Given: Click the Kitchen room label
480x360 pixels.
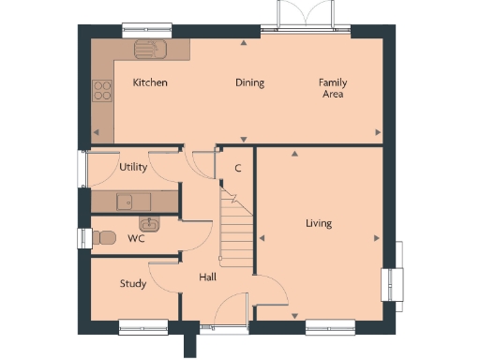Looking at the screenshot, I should [x=150, y=82].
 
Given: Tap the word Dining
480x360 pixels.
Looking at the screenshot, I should [x=249, y=82].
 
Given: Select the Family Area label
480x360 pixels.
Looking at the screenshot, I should [x=332, y=88].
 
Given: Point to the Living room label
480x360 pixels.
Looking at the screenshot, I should [x=319, y=223].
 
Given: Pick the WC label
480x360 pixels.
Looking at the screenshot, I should [x=135, y=238].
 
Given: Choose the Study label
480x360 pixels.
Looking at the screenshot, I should [x=132, y=283].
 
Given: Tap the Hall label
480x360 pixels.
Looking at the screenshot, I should [x=208, y=277].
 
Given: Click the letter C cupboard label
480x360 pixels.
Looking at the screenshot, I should [x=238, y=169].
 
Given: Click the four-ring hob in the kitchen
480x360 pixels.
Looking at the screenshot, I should [x=101, y=91].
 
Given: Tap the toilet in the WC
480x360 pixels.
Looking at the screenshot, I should [x=104, y=236].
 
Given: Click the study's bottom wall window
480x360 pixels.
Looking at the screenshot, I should [x=142, y=325].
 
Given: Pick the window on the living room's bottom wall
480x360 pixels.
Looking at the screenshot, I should [x=330, y=325].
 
